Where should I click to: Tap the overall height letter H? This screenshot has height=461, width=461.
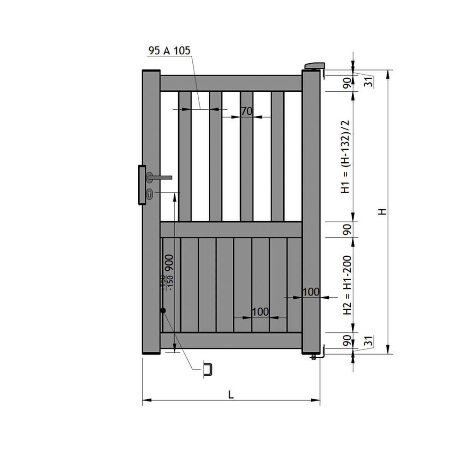coord(382,212)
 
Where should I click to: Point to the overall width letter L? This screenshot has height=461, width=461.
coord(231,395)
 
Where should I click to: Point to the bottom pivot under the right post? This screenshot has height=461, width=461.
coord(314,357)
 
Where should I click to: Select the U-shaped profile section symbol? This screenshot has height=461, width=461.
coord(208,370)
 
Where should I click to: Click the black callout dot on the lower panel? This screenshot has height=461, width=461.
coord(163,311)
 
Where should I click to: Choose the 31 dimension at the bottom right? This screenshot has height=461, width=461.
coord(367,342)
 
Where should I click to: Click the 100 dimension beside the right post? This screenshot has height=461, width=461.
coord(311,292)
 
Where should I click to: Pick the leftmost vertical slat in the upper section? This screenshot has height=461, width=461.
coord(185,156)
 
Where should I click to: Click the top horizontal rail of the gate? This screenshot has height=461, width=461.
coord(230,83)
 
